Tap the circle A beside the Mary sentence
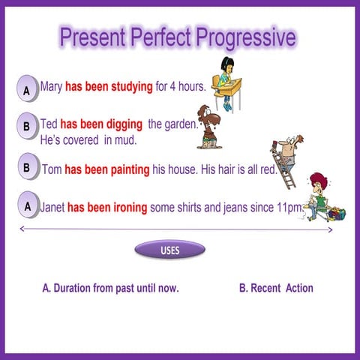point(26,91)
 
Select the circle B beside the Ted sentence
point(26,127)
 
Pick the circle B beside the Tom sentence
point(26,167)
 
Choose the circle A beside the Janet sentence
point(26,204)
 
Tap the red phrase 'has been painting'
point(106,169)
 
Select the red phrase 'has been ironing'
point(106,207)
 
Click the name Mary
point(53,87)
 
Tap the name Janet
point(52,207)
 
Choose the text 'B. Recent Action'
point(275,288)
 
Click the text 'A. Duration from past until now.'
point(110,288)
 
